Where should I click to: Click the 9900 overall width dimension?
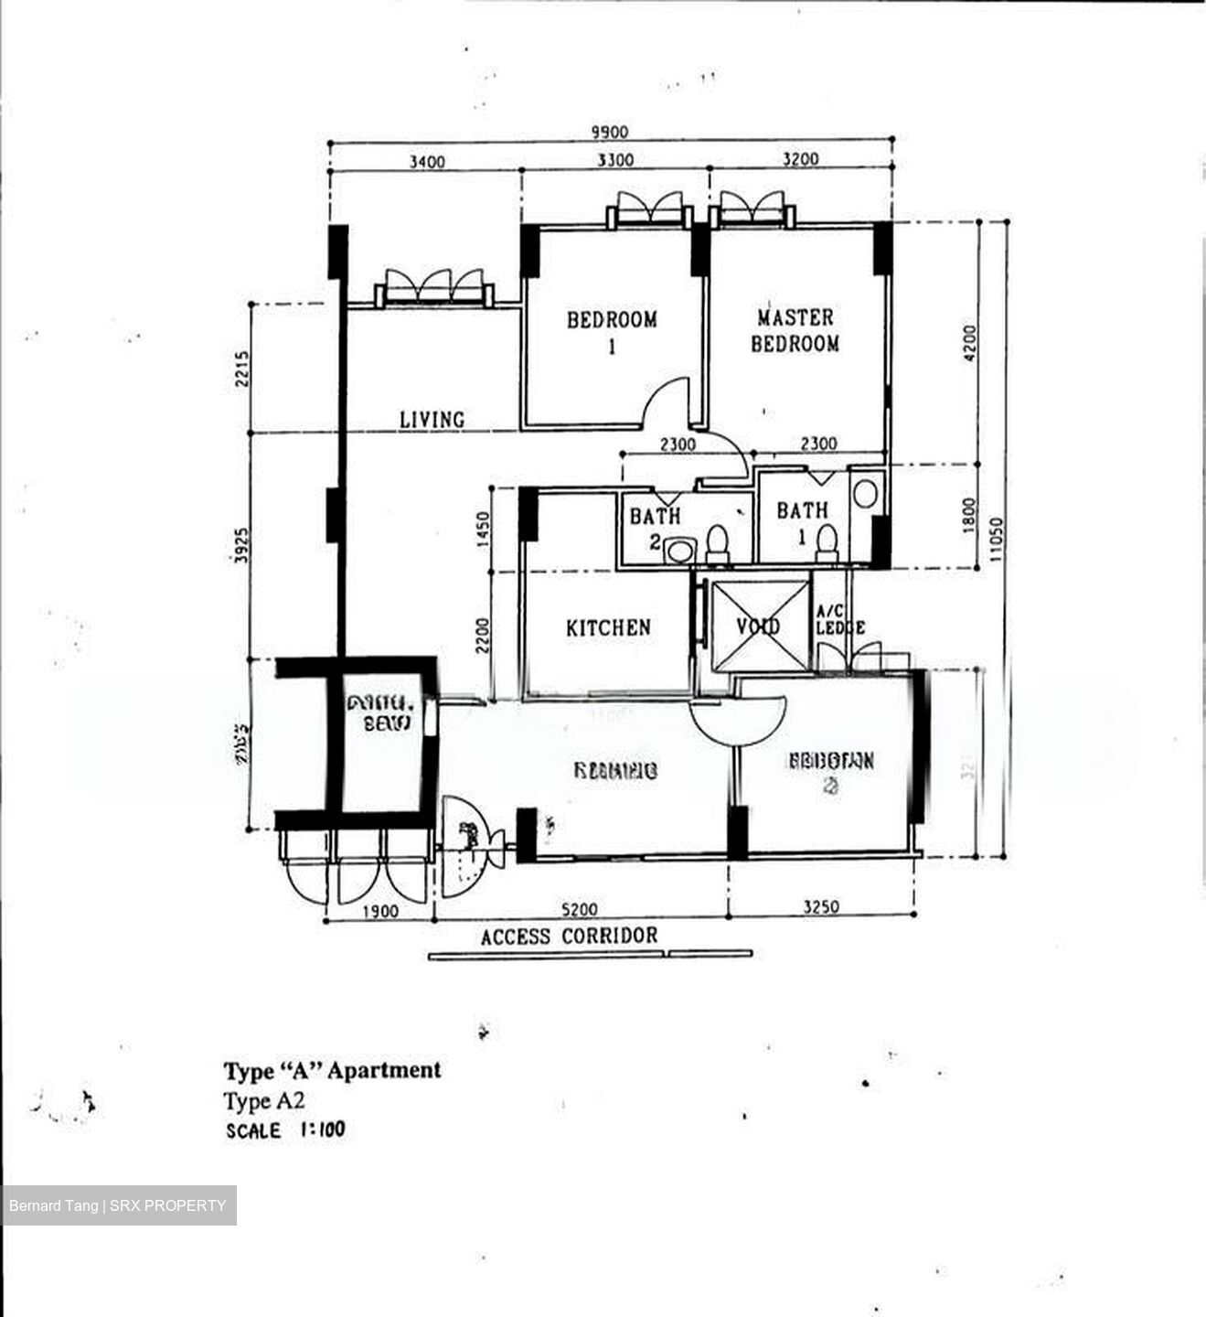tap(609, 132)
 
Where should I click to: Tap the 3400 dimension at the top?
tap(426, 162)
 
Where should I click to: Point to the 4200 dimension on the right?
tap(970, 344)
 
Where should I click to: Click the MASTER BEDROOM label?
tap(795, 330)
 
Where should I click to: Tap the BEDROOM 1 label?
tap(612, 332)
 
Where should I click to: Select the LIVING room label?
tap(432, 420)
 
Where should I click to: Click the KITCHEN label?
tap(608, 627)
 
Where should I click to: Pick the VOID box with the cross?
tap(759, 626)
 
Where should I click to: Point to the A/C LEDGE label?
tap(838, 620)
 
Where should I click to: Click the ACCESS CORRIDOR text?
tap(569, 937)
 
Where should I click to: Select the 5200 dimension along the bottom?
tap(580, 909)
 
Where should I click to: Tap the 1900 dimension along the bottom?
tap(379, 911)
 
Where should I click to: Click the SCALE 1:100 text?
tap(286, 1130)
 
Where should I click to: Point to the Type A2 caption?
tap(264, 1100)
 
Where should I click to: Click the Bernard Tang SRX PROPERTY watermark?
tap(118, 1205)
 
